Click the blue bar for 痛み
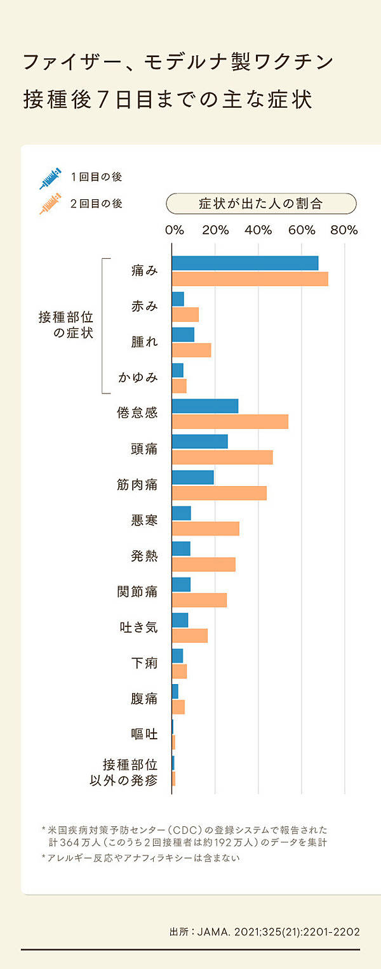pos(244,263)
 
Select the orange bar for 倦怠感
pos(230,421)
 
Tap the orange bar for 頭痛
pos(222,457)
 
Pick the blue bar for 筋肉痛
pos(193,477)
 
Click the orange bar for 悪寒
pos(206,528)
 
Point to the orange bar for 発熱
pos(203,564)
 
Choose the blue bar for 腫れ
pos(183,334)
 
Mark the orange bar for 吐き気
pos(190,635)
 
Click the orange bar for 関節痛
pos(199,600)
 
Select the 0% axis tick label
pos(174,230)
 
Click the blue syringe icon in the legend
pos(50,178)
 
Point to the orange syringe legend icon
pos(50,203)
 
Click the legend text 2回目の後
pos(96,204)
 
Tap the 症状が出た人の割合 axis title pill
pos(261,204)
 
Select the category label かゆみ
pos(138,378)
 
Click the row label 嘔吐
pos(144,734)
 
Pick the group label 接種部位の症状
pos(66,325)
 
